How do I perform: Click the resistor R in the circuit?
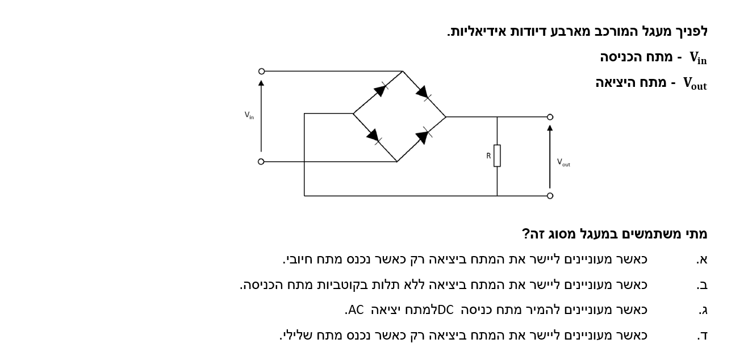(x=497, y=156)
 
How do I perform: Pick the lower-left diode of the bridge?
(x=374, y=136)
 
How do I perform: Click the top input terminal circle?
(x=261, y=71)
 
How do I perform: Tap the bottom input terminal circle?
(x=261, y=162)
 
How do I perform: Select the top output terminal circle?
(x=550, y=117)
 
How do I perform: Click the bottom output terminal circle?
(x=550, y=196)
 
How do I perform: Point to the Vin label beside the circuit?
(x=249, y=115)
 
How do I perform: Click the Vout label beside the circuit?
(x=563, y=162)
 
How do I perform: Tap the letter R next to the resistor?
(x=488, y=156)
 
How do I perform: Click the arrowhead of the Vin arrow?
(x=261, y=83)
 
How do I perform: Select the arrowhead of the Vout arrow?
(x=550, y=128)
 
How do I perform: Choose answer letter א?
(x=702, y=259)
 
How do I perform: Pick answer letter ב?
(x=702, y=285)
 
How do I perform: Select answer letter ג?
(x=703, y=311)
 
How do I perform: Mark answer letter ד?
(x=703, y=336)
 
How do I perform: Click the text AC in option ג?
(x=356, y=310)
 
